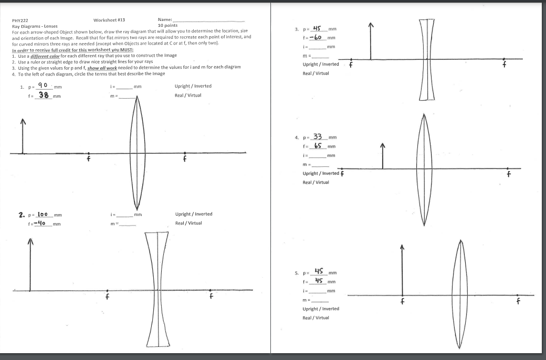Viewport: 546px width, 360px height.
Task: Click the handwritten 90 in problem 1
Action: [x=44, y=86]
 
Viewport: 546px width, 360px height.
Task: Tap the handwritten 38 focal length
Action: [x=45, y=96]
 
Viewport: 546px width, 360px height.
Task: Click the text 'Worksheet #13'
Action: [x=109, y=20]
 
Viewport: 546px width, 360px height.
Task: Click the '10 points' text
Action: [x=167, y=25]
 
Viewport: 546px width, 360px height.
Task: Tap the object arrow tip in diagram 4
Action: [x=383, y=145]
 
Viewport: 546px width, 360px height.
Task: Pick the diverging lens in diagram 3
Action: [x=427, y=59]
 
